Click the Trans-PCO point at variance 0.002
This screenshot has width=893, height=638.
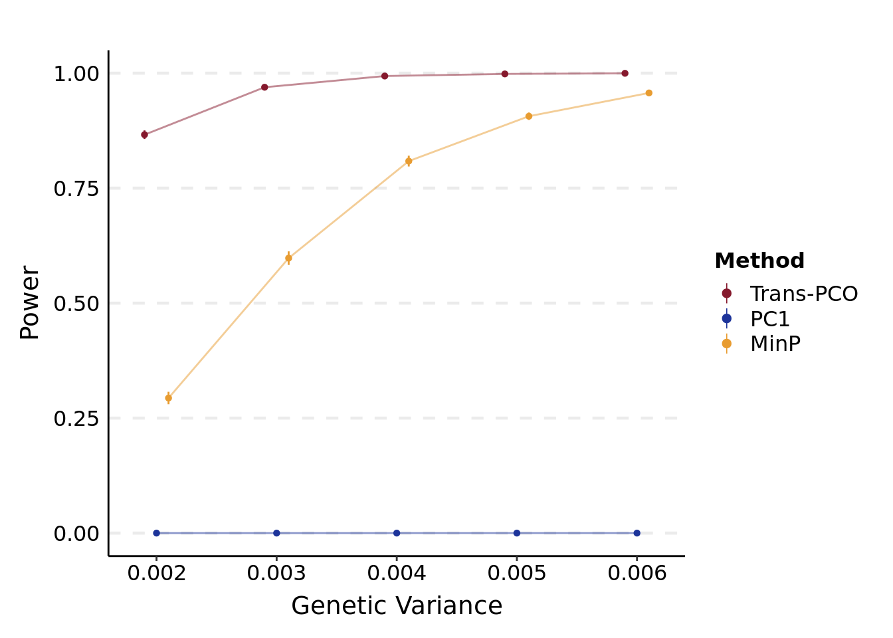[x=144, y=135]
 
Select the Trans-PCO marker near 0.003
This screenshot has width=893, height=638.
[x=264, y=87]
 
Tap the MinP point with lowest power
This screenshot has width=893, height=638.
[x=168, y=398]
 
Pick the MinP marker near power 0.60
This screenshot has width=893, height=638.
[x=288, y=259]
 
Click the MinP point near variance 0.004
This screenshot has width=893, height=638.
[x=409, y=161]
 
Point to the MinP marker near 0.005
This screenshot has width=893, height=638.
[x=529, y=116]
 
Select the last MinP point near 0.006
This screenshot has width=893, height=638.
[x=648, y=93]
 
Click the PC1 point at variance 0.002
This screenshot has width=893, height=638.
[x=157, y=533]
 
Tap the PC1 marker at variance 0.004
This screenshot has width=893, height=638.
[x=397, y=533]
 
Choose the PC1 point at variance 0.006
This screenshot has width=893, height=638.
[x=637, y=533]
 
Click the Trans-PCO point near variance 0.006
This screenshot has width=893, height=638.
[x=625, y=73]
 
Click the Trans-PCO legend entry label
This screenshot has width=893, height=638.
[x=803, y=294]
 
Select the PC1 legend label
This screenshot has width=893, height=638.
[x=769, y=319]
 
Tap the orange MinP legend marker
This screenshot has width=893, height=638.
[x=726, y=344]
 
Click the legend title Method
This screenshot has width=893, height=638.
[x=759, y=261]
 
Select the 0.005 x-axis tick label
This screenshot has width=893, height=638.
[x=516, y=574]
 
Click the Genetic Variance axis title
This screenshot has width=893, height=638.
[x=397, y=606]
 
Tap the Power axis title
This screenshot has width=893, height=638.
[x=30, y=303]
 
